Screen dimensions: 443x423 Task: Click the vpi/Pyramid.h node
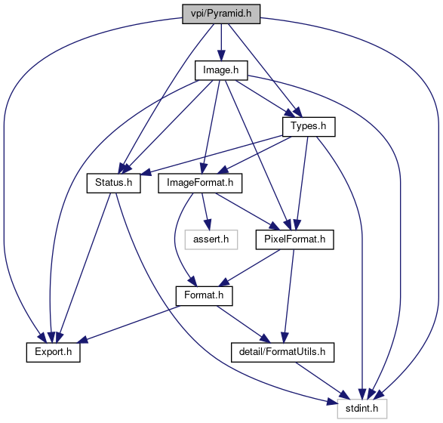tap(221, 14)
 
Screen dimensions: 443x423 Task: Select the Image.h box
tap(221, 70)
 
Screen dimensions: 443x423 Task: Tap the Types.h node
tap(309, 127)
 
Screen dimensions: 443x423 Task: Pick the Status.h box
tap(113, 183)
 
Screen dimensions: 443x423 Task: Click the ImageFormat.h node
tap(200, 183)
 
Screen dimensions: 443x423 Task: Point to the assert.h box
tap(211, 239)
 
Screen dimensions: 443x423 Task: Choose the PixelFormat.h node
tap(294, 239)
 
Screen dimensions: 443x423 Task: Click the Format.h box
tap(204, 296)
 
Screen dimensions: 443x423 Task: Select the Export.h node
tap(54, 352)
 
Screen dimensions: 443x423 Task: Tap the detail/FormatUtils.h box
tap(282, 352)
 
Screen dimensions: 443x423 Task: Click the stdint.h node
tap(362, 409)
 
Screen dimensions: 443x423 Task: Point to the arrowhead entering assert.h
tap(208, 225)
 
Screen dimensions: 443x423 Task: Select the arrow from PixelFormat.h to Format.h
tap(250, 267)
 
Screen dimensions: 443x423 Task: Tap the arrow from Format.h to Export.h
tap(129, 324)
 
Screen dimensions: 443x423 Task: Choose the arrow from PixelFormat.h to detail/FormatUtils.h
tap(288, 296)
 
